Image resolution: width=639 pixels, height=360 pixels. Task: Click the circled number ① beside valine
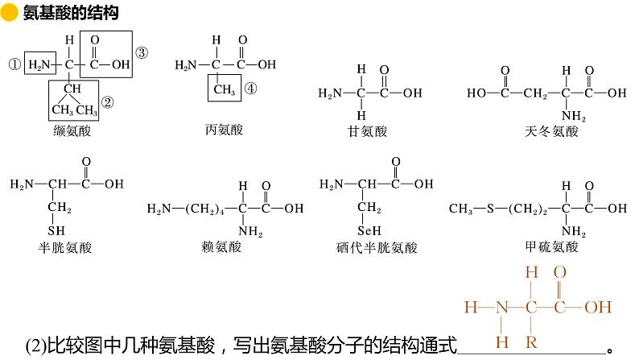pyautogui.click(x=14, y=64)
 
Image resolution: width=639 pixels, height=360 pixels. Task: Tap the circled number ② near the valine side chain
pyautogui.click(x=108, y=102)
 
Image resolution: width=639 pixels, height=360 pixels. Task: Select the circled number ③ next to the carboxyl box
pyautogui.click(x=142, y=53)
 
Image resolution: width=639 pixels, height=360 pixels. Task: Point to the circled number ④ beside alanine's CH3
pyautogui.click(x=250, y=90)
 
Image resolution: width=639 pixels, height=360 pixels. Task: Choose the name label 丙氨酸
pyautogui.click(x=224, y=129)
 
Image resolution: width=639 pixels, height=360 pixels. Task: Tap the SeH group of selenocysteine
pyautogui.click(x=373, y=228)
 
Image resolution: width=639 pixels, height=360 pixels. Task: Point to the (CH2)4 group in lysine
pyautogui.click(x=207, y=209)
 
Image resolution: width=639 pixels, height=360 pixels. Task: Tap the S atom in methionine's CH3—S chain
pyautogui.click(x=489, y=209)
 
